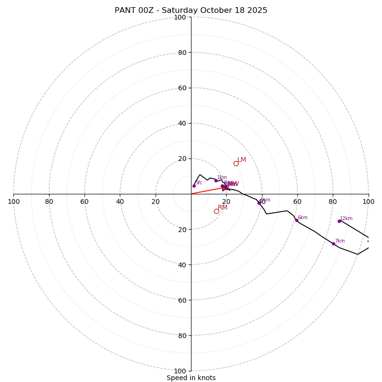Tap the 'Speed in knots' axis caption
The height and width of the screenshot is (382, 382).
(x=191, y=378)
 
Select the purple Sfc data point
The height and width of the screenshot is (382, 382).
(x=194, y=186)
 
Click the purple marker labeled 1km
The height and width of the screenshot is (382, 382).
(x=216, y=180)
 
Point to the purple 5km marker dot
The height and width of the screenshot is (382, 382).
(x=259, y=203)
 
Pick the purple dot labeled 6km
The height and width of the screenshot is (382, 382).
(x=297, y=220)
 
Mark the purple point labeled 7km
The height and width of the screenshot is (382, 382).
(x=334, y=244)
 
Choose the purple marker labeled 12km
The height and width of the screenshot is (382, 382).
(x=340, y=221)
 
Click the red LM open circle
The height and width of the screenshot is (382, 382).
(x=236, y=163)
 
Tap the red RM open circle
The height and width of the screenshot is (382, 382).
(x=216, y=211)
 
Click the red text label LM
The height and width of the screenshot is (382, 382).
(x=242, y=160)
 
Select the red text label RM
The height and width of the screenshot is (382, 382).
(x=223, y=208)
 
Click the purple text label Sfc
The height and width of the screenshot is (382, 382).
(x=199, y=182)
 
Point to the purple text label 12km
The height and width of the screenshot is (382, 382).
(x=346, y=219)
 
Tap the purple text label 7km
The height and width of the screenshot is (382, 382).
(x=340, y=241)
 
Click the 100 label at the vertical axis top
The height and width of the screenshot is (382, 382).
(x=180, y=18)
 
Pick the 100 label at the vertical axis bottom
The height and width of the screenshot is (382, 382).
(x=180, y=371)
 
